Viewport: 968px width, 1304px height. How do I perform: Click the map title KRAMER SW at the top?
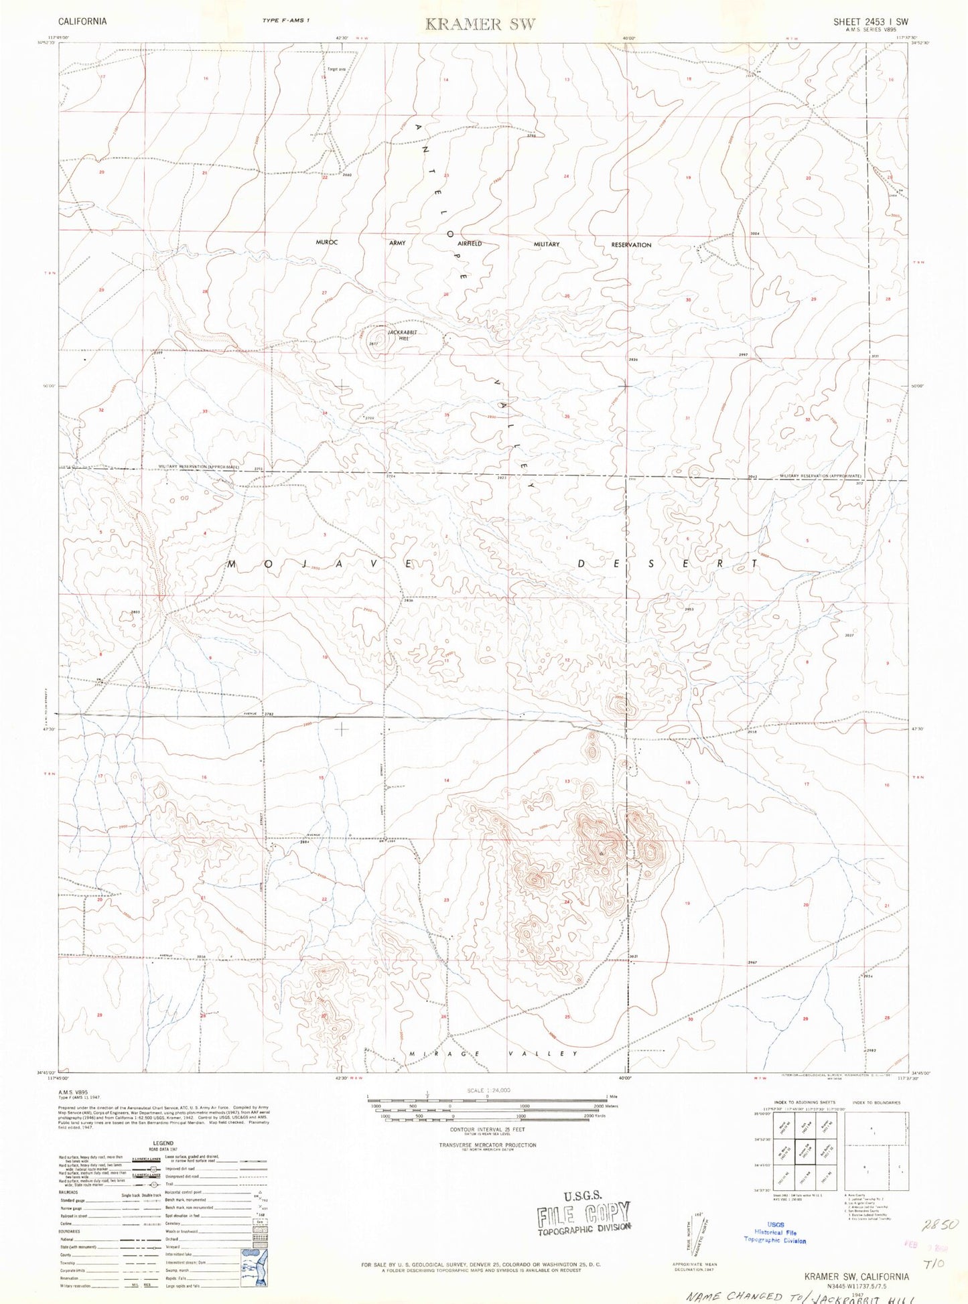tap(481, 25)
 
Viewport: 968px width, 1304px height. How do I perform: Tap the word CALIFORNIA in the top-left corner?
tap(82, 21)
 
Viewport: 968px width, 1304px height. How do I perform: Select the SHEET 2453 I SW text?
tap(870, 21)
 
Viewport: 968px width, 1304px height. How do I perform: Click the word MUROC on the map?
tap(327, 242)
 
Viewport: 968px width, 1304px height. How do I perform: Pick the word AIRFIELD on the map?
tap(470, 244)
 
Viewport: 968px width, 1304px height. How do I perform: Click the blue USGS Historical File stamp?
tap(775, 1232)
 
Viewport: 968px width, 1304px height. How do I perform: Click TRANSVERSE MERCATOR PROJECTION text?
tap(488, 1145)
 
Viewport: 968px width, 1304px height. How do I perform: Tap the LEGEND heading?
tap(163, 1143)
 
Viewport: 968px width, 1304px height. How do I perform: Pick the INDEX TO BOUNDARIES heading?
tap(877, 1102)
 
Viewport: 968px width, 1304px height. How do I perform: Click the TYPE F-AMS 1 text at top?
tap(286, 21)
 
